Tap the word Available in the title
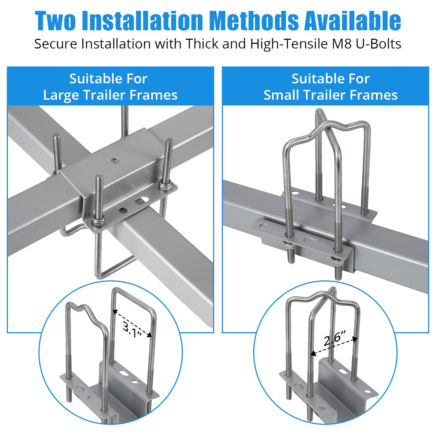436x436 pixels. tap(352, 21)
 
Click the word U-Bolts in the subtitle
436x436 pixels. tap(379, 44)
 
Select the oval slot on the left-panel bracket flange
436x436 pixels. tap(141, 201)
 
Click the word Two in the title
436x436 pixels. tap(56, 21)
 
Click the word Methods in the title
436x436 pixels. tap(255, 21)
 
